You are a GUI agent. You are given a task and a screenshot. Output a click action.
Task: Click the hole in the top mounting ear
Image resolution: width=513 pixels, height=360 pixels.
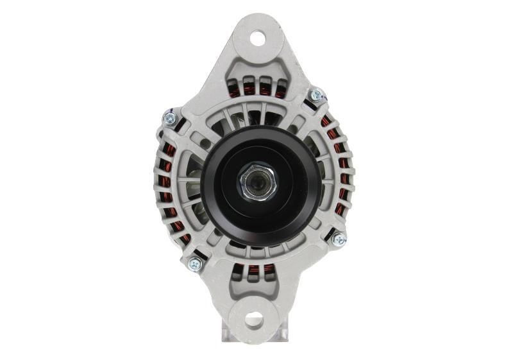pos(257,38)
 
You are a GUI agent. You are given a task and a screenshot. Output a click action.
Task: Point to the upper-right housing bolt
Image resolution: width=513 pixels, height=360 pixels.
pos(315,96)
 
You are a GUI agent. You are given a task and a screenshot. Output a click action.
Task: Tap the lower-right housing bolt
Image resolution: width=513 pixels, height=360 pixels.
pos(339,239)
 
